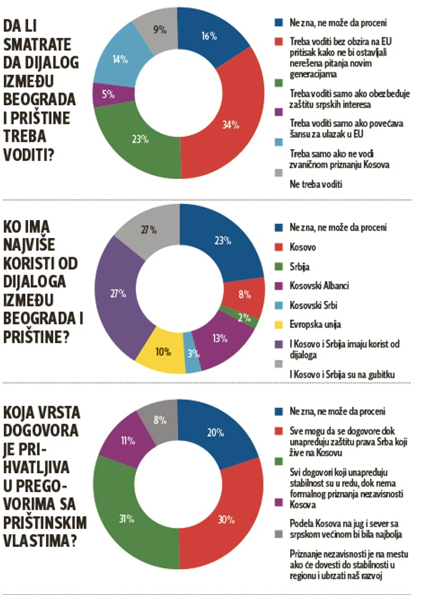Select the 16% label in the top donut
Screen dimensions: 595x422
click(x=208, y=36)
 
